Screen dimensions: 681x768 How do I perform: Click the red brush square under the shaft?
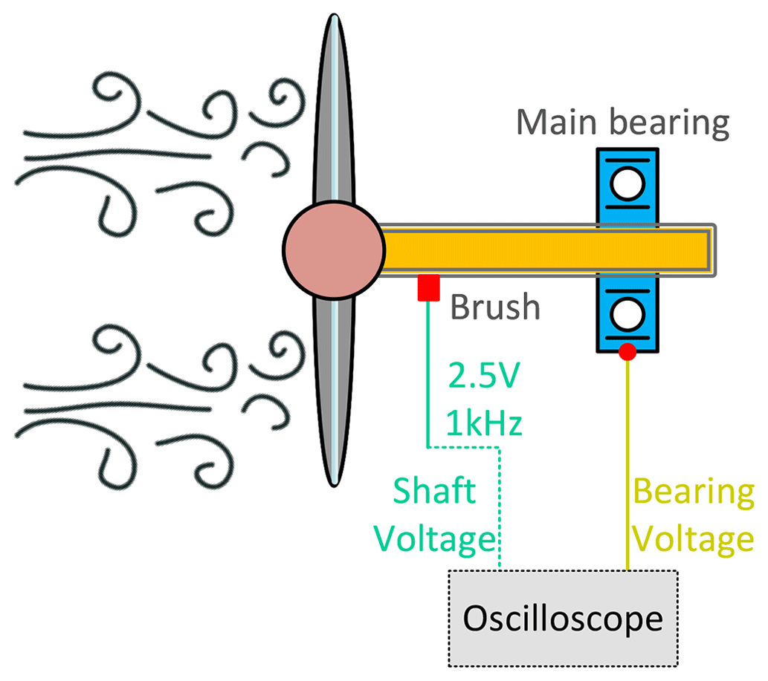click(x=429, y=287)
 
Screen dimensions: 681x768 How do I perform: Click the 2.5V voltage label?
click(x=484, y=378)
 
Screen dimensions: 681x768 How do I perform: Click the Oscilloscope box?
click(x=562, y=618)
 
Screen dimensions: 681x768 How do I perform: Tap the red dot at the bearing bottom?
click(x=627, y=352)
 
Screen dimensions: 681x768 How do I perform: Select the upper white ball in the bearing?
click(x=627, y=183)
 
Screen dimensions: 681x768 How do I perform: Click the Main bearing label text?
click(x=623, y=123)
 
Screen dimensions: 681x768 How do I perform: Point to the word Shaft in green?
click(x=433, y=492)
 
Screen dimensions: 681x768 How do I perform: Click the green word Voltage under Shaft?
click(x=436, y=538)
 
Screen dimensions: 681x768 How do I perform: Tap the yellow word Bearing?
click(x=693, y=492)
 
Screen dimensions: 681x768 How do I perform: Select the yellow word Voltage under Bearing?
click(x=693, y=538)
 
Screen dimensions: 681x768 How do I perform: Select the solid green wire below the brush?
click(x=428, y=371)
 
